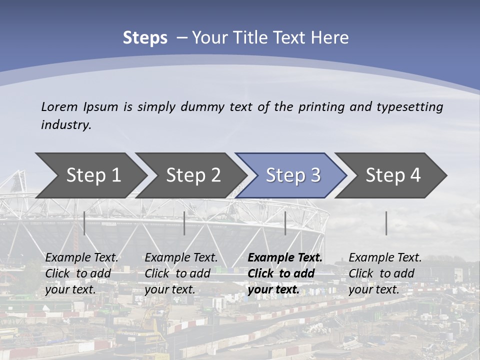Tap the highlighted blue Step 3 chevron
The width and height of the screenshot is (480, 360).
pyautogui.click(x=292, y=175)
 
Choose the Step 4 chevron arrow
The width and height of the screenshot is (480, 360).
pyautogui.click(x=392, y=175)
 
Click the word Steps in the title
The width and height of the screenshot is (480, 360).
pyautogui.click(x=145, y=38)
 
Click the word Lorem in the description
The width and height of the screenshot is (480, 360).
pyautogui.click(x=59, y=107)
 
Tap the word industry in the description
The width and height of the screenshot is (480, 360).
pyautogui.click(x=65, y=125)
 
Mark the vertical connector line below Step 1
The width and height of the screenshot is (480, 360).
pyautogui.click(x=84, y=223)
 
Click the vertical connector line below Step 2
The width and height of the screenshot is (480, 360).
pyautogui.click(x=184, y=223)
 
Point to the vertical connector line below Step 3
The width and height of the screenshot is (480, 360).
pyautogui.click(x=285, y=223)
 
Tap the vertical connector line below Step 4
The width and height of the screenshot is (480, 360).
pyautogui.click(x=386, y=223)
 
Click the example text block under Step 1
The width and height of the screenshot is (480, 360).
pyautogui.click(x=81, y=273)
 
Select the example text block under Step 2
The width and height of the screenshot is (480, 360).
pyautogui.click(x=181, y=273)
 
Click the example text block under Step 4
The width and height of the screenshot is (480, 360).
pyautogui.click(x=385, y=273)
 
